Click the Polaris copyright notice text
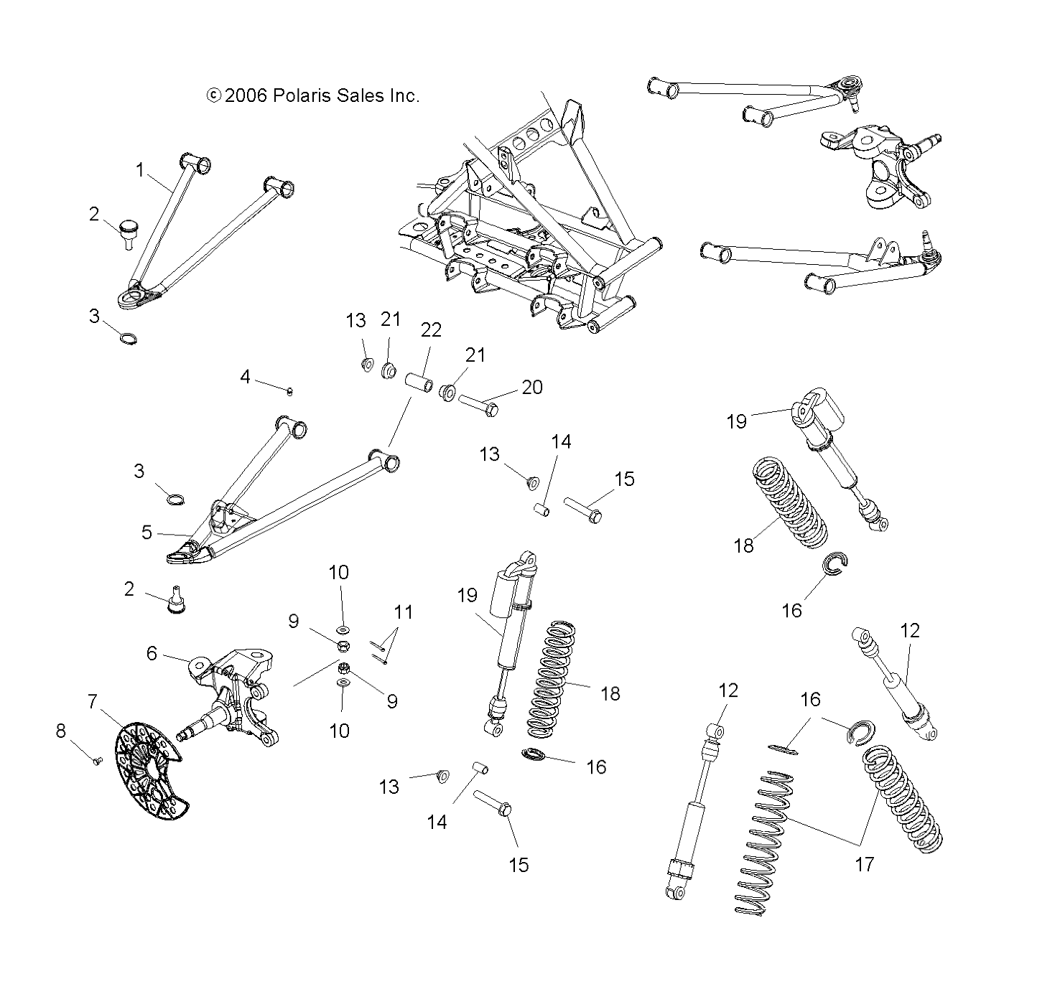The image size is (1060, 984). tap(312, 95)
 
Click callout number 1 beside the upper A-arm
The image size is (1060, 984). tap(141, 170)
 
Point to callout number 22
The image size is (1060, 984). tap(431, 329)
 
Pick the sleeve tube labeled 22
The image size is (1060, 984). tap(419, 381)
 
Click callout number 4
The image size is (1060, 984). tap(246, 376)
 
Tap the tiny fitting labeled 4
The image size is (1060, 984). tap(289, 391)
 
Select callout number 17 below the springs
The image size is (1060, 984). tap(865, 864)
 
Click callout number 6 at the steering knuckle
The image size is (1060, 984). tap(152, 652)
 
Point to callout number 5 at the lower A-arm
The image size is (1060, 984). tap(147, 532)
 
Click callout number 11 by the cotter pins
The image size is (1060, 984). tap(404, 612)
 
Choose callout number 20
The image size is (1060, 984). tap(531, 387)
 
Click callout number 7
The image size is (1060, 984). tap(93, 701)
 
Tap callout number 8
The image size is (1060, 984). tap(60, 731)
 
